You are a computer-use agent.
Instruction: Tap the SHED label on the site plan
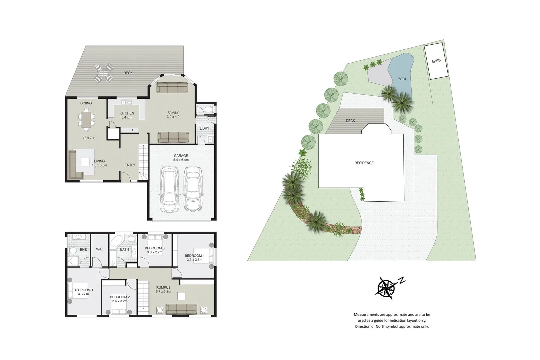(436, 61)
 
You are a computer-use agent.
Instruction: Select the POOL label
(402, 79)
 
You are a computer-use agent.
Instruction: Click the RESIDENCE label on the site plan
(364, 163)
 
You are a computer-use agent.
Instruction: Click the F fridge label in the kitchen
(133, 130)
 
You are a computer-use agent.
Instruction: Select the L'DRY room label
(204, 128)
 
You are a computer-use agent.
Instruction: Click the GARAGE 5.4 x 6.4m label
(181, 158)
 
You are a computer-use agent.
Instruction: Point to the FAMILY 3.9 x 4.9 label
(173, 115)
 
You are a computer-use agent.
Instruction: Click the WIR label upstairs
(99, 249)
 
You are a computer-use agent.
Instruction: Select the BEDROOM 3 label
(154, 248)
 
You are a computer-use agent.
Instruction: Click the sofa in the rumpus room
(181, 309)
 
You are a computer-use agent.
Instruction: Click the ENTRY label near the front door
(130, 165)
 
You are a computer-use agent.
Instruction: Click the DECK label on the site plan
(350, 121)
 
